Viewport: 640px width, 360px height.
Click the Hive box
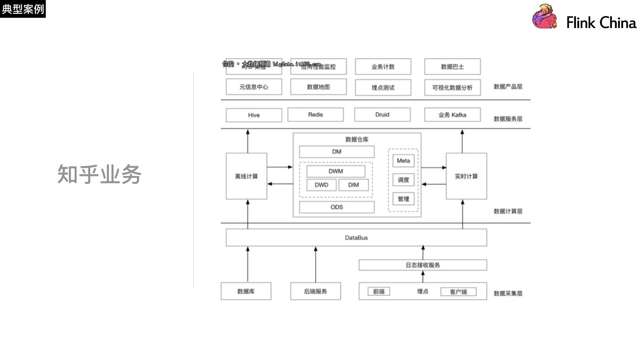pyautogui.click(x=254, y=115)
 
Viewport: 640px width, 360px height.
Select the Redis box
pyautogui.click(x=316, y=115)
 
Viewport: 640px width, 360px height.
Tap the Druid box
pyautogui.click(x=382, y=115)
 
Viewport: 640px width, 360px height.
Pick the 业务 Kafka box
pyautogui.click(x=452, y=115)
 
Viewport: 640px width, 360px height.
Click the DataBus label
pyautogui.click(x=356, y=238)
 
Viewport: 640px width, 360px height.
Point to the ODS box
pyautogui.click(x=336, y=207)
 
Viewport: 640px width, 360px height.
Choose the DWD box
pyautogui.click(x=321, y=185)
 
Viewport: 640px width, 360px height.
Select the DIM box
pyautogui.click(x=353, y=185)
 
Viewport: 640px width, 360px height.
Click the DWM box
pyautogui.click(x=336, y=171)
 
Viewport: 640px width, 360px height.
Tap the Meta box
pyautogui.click(x=403, y=161)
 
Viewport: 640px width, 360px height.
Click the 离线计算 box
pyautogui.click(x=246, y=176)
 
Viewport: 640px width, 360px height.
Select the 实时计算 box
pyautogui.click(x=466, y=176)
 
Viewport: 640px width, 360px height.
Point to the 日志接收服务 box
pyautogui.click(x=423, y=265)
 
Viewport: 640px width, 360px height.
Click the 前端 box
pyautogui.click(x=379, y=292)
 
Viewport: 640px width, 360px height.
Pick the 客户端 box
pyautogui.click(x=458, y=292)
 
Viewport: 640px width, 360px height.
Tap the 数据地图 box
pyautogui.click(x=318, y=87)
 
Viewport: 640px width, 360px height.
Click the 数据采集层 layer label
pyautogui.click(x=508, y=294)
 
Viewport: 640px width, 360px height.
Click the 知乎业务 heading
pyautogui.click(x=99, y=174)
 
